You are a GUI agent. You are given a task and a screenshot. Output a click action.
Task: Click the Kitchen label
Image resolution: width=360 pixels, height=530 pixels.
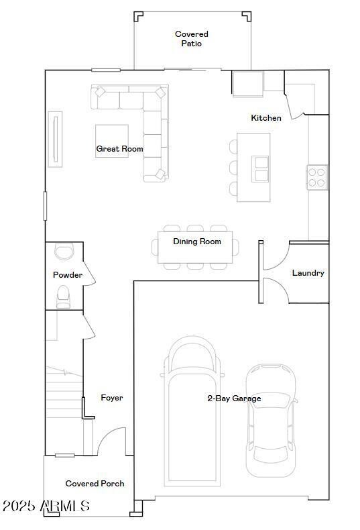pos(266,118)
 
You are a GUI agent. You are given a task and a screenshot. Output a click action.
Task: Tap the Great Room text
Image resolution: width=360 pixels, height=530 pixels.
pos(119,149)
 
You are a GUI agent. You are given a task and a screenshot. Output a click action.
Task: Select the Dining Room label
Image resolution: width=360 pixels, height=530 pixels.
pos(197,242)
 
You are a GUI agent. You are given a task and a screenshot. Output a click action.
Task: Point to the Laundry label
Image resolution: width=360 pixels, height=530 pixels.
pos(308,273)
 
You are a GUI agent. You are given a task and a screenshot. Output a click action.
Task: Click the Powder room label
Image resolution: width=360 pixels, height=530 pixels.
pos(68,275)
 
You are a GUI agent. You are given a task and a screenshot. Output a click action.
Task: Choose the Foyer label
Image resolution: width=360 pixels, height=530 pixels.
pos(112,398)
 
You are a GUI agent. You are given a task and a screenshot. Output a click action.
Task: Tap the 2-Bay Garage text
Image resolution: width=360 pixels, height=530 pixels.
pos(234,399)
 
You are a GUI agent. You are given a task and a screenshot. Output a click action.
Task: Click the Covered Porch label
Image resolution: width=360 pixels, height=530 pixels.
pos(95,484)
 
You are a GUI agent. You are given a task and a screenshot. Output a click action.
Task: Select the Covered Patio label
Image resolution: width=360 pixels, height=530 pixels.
pos(192,38)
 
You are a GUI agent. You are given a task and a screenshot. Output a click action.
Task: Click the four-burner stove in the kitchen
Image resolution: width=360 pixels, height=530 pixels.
pos(317,178)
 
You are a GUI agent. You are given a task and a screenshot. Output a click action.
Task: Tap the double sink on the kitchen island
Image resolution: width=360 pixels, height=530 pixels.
pos(260,169)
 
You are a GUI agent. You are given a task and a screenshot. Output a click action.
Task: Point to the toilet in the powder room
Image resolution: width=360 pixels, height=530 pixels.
pos(64,297)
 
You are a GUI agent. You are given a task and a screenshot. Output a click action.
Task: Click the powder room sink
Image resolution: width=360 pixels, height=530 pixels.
pos(64,251)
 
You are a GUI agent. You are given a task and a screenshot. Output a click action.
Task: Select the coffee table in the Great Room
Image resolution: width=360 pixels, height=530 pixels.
pos(112,141)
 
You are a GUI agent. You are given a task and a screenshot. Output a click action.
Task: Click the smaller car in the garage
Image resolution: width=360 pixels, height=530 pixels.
pos(272,421)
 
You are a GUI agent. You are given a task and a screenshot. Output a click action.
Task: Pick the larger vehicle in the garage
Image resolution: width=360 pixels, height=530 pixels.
pos(192,411)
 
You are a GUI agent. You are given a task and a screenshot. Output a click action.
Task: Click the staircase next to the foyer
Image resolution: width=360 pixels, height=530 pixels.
pos(64,392)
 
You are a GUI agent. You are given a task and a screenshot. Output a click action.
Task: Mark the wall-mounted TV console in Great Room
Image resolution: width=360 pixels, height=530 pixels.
pos(55,139)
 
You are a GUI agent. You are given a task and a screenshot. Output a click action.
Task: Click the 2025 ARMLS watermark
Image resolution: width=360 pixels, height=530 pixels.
pos(46,506)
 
